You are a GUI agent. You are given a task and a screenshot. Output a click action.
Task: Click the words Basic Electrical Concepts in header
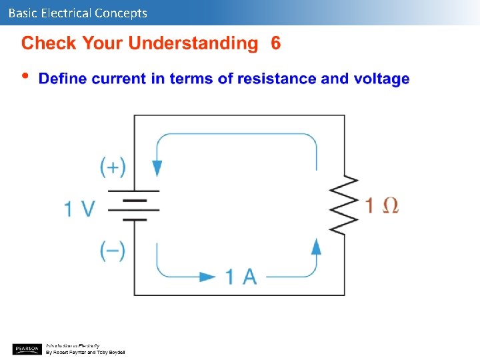click(78, 13)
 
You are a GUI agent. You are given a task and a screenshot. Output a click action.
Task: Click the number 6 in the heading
click(276, 44)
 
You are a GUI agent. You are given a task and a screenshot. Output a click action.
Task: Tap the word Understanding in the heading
click(193, 45)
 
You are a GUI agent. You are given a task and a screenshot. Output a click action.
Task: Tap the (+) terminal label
click(113, 167)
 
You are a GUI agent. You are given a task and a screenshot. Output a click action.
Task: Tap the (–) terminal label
click(113, 251)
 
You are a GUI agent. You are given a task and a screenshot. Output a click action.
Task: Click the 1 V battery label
click(79, 209)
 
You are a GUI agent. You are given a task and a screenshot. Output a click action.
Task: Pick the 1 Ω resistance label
click(382, 205)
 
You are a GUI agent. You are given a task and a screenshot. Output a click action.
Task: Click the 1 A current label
click(241, 276)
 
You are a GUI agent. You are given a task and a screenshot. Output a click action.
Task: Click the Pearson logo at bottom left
click(27, 349)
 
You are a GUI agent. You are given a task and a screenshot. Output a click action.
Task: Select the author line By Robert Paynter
click(85, 352)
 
